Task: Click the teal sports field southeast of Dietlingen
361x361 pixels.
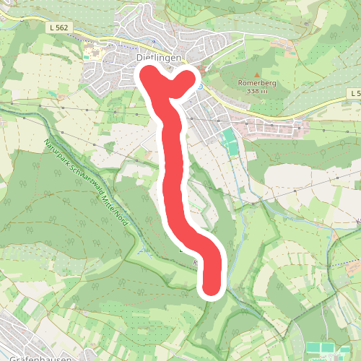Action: point(230,142)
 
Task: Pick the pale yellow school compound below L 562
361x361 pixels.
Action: point(92,53)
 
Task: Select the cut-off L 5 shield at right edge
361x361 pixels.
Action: point(353,94)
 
